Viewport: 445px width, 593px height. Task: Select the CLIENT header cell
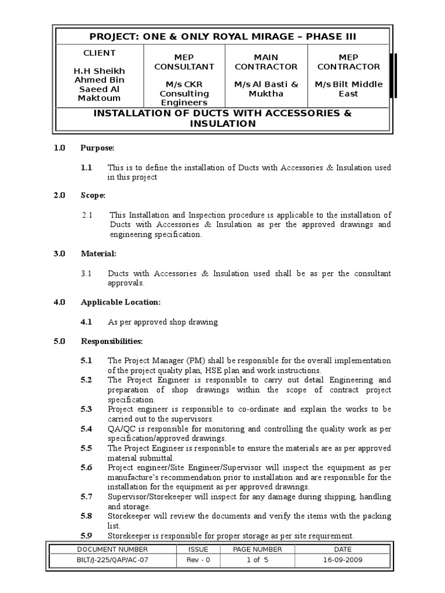[99, 53]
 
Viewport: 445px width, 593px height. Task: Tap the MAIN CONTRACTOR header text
[266, 62]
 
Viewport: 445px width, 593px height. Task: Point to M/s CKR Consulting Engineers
[184, 93]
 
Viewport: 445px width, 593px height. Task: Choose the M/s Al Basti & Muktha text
[266, 89]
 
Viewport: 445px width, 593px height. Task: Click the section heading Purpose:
[98, 148]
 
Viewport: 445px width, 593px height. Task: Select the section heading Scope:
[93, 196]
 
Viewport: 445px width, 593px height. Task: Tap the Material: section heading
[99, 254]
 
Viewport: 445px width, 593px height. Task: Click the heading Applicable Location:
[121, 302]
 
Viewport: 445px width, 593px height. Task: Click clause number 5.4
[86, 429]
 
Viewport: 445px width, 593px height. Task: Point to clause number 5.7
[86, 497]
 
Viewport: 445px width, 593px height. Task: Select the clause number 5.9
[86, 536]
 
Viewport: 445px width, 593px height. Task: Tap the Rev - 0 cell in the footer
[194, 560]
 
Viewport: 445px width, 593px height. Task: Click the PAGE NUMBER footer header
[257, 549]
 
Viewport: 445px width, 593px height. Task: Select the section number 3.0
[60, 254]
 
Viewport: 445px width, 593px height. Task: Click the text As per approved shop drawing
[163, 321]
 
